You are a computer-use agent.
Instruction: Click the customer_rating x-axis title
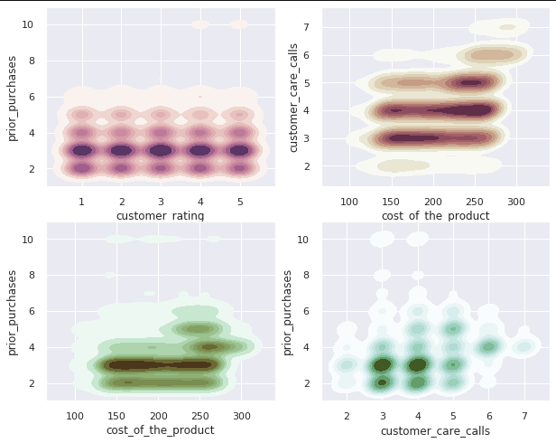(160, 215)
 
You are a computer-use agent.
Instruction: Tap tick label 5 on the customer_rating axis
(238, 201)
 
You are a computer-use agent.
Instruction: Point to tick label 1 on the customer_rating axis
(81, 201)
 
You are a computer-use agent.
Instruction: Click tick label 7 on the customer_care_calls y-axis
(307, 27)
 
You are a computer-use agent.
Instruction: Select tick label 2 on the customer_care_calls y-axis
(307, 166)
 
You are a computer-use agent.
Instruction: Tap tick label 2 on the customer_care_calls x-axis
(347, 415)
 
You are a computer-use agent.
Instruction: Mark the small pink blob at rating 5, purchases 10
(239, 24)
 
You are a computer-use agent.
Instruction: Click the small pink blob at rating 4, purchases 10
(200, 24)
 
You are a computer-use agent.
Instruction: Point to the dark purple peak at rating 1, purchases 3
(82, 151)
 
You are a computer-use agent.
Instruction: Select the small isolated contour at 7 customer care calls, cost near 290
(508, 27)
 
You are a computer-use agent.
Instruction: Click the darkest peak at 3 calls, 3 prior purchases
(383, 364)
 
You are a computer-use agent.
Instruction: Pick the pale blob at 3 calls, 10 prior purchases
(382, 239)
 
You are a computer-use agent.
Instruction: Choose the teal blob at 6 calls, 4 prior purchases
(488, 346)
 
